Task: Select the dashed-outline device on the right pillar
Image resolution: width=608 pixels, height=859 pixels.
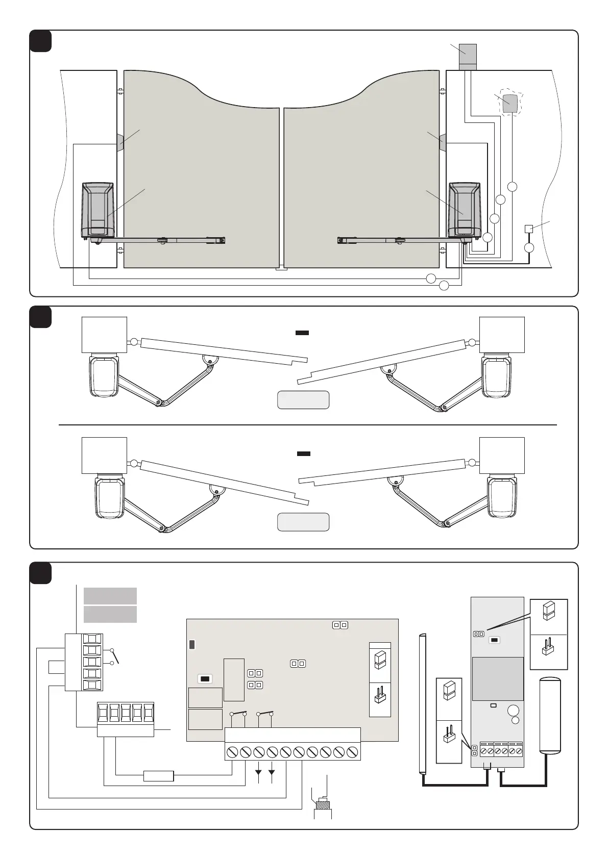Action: pyautogui.click(x=510, y=103)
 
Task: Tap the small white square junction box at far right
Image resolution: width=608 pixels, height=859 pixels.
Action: pyautogui.click(x=529, y=229)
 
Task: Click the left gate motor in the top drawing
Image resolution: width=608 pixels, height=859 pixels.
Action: pyautogui.click(x=97, y=210)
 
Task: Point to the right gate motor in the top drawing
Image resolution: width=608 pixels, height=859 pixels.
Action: pyautogui.click(x=464, y=210)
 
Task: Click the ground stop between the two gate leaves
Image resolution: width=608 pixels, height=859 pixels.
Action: pyautogui.click(x=281, y=268)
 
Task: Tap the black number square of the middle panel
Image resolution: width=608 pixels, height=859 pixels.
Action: pyautogui.click(x=40, y=317)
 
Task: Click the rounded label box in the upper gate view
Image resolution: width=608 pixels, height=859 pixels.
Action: pyautogui.click(x=303, y=400)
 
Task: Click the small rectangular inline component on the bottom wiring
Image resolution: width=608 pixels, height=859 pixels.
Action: pyautogui.click(x=159, y=776)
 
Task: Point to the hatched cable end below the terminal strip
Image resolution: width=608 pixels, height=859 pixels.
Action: pyautogui.click(x=322, y=806)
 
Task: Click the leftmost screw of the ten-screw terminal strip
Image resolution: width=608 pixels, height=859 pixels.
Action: pyautogui.click(x=232, y=752)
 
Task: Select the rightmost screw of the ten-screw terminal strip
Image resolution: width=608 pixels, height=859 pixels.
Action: pyautogui.click(x=352, y=752)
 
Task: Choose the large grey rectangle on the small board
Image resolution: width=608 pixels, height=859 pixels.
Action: pyautogui.click(x=498, y=678)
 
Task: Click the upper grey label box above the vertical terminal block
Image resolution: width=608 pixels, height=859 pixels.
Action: pyautogui.click(x=110, y=596)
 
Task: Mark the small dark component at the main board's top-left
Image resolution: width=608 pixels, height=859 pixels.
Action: pyautogui.click(x=192, y=644)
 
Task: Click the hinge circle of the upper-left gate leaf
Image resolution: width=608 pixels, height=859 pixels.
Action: pyautogui.click(x=134, y=342)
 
